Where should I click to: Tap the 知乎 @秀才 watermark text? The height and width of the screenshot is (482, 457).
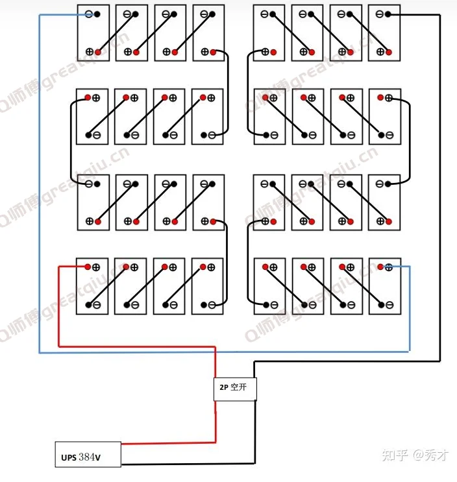pos(415,455)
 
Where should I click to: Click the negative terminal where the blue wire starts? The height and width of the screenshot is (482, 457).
pos(89,14)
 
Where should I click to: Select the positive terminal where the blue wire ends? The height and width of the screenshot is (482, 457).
pos(388,266)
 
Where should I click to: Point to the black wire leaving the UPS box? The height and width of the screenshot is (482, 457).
pos(195,464)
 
